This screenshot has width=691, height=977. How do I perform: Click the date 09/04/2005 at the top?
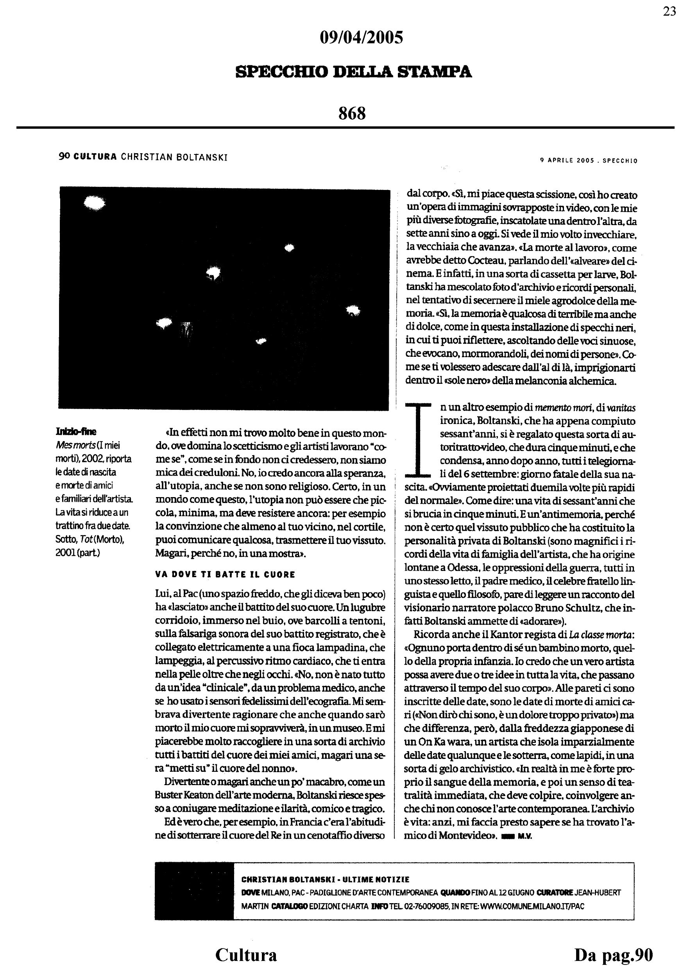tap(361, 38)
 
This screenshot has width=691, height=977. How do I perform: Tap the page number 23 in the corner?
tap(669, 12)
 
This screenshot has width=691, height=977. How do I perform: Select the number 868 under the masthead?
tap(352, 113)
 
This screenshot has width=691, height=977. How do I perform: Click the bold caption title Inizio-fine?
tap(76, 431)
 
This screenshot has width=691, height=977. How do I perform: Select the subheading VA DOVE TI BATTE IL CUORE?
tap(225, 574)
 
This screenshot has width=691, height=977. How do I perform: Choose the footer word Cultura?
tap(246, 955)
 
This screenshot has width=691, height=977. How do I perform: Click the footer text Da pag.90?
tap(613, 955)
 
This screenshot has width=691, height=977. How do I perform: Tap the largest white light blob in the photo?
tap(95, 203)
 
